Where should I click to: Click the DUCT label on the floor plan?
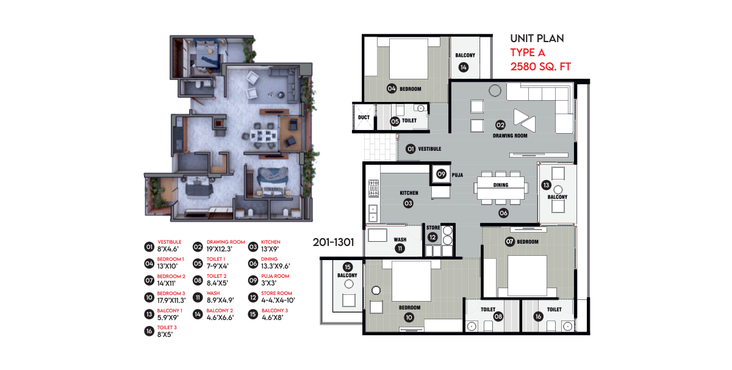coord(364,117)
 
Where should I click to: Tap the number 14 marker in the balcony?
coord(464,67)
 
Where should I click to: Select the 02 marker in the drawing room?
coord(500,125)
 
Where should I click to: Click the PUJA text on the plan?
coord(457,175)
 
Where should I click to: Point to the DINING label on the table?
coord(501,185)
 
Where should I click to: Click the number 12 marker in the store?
coord(432,237)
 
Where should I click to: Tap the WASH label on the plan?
coord(400,239)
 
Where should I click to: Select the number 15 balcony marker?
coord(348,267)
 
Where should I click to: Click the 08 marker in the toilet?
coord(498,316)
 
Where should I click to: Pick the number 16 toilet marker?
coord(538,316)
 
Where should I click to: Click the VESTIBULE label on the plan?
coord(429,149)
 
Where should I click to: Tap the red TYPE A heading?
coord(528,53)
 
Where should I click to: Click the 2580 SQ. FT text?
coord(540,67)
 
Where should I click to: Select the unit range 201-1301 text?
coord(333,242)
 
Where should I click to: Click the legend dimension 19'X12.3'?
coord(219,249)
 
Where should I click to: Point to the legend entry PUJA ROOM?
coord(275,276)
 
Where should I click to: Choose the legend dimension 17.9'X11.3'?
coord(171,300)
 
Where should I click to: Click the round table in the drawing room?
coord(495,90)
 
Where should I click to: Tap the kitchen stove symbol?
coord(373,188)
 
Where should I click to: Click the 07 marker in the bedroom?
coord(510,241)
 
